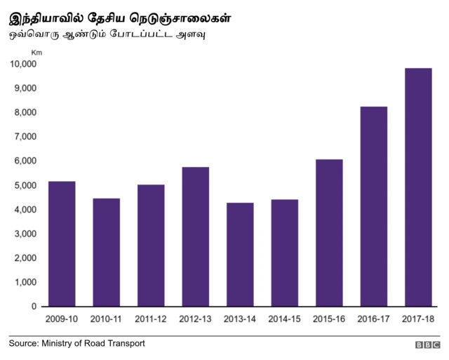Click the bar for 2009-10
[x=62, y=244]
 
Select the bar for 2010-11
[x=107, y=252]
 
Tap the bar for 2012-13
[x=195, y=236]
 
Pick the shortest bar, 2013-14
[x=240, y=254]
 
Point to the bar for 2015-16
[x=329, y=232]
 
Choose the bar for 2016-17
[x=373, y=206]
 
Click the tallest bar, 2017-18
[x=417, y=187]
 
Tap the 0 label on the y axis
[x=34, y=307]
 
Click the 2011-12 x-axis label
[x=151, y=319]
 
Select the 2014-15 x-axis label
[x=284, y=319]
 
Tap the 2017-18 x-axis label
[x=417, y=319]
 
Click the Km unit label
[x=36, y=52]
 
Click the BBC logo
[x=427, y=345]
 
